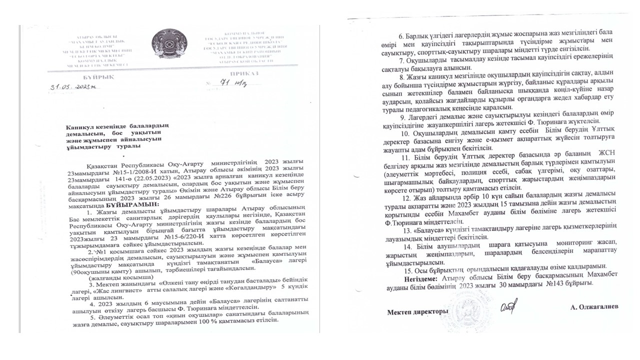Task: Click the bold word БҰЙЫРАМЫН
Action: coord(131,204)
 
